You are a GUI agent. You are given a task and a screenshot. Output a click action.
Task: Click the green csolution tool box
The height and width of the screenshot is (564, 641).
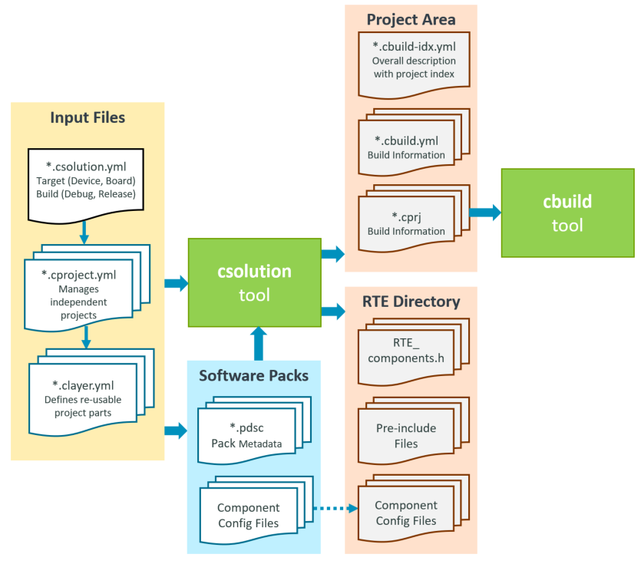click(254, 282)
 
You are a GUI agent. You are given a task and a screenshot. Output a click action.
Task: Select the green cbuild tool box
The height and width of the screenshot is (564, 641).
click(567, 213)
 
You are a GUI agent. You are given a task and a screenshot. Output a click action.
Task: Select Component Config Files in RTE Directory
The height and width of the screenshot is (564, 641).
click(407, 512)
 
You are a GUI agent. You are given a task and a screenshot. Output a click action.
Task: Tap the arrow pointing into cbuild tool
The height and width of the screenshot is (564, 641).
click(484, 213)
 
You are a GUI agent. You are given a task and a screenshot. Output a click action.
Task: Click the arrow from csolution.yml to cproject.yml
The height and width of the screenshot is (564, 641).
click(84, 233)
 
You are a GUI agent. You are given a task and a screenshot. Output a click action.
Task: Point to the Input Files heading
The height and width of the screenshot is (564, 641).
click(88, 117)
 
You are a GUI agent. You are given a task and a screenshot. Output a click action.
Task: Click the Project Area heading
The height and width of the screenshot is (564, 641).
click(411, 19)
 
